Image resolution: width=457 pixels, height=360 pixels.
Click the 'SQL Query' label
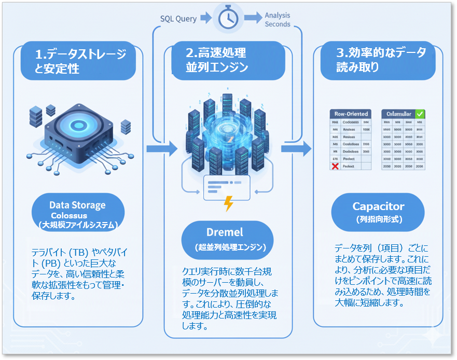pos(178,19)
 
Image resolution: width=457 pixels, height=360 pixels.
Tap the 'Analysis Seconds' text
pos(278,20)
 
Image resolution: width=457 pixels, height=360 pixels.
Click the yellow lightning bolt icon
pos(228,204)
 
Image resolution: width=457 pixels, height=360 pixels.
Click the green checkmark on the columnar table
pos(420,114)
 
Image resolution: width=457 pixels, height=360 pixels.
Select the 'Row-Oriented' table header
pos(351,114)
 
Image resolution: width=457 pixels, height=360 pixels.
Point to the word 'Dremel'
pos(225,232)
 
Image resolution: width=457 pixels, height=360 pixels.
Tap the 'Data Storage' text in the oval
pos(77,205)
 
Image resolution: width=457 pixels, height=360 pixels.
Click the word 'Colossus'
pos(70,215)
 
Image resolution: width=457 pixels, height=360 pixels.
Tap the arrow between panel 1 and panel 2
pos(155,149)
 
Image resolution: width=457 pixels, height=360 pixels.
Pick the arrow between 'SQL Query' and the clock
pos(206,19)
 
